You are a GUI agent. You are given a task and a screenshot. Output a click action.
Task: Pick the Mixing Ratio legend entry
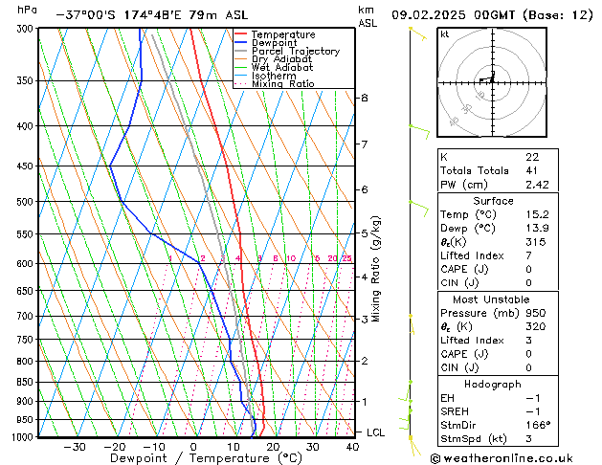point(283,84)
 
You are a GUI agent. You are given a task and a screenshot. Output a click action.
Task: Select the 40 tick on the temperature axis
point(352,446)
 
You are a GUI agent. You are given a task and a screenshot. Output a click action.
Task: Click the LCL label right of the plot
point(376,432)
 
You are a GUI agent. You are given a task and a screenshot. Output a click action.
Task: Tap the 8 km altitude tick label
point(364,98)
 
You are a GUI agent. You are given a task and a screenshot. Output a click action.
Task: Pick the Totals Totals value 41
point(531,170)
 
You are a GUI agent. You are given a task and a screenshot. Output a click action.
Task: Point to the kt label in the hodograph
point(445,33)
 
